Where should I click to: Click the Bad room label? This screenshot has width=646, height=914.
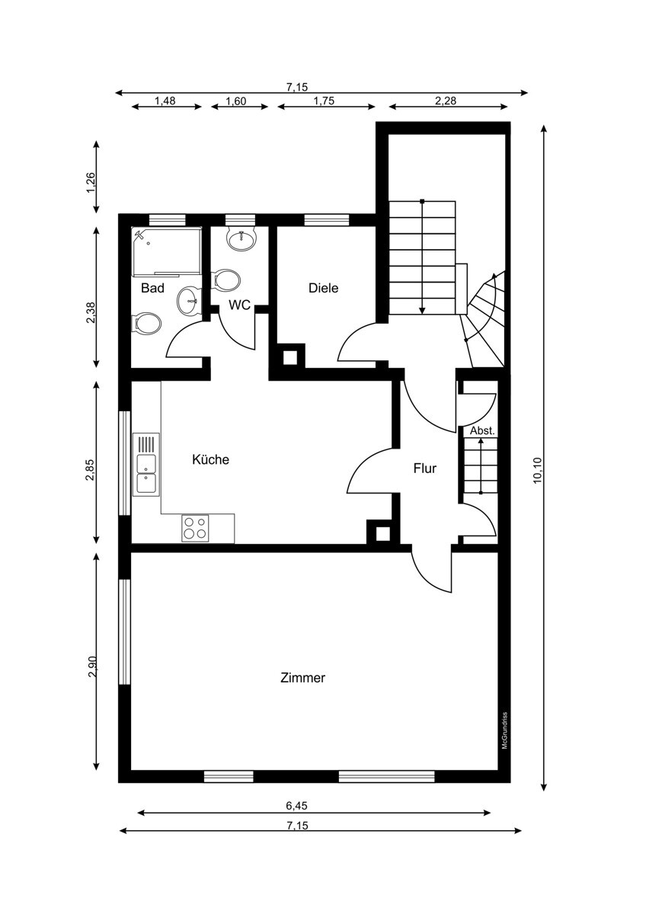point(152,288)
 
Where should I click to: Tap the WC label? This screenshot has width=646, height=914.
point(239,305)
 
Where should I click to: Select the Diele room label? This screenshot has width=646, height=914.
point(323,288)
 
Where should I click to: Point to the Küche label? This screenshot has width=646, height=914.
point(210,459)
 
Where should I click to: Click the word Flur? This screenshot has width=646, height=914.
point(425,468)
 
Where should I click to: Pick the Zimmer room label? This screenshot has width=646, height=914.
point(302,678)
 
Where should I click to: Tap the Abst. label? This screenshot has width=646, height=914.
point(482,430)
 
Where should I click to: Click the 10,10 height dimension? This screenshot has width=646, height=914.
point(537,470)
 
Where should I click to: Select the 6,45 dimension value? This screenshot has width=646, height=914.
point(296,806)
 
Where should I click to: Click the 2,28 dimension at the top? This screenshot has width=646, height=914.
point(445,101)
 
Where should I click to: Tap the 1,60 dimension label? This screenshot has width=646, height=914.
point(236,101)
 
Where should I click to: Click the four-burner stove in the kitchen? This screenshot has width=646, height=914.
point(195,528)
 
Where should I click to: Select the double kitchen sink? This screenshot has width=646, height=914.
point(146,465)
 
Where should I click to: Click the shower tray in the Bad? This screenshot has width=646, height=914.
point(167,252)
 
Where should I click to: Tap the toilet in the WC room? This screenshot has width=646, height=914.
point(227,280)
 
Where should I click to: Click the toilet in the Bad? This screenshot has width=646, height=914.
point(147,324)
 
